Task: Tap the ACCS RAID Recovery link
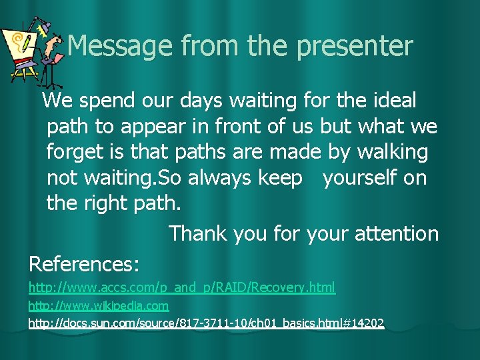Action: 181,287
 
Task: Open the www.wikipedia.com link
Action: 98,305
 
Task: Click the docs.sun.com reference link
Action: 206,323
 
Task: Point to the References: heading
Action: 84,264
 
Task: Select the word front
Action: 255,127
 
